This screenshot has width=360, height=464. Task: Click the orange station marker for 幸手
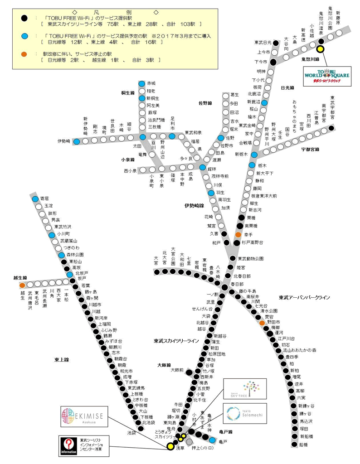(x=238, y=235)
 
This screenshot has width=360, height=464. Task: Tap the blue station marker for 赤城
(x=142, y=83)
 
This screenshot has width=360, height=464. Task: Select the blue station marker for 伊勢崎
(x=77, y=141)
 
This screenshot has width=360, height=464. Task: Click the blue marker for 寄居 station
(x=35, y=198)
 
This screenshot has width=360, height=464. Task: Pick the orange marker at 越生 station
(x=22, y=285)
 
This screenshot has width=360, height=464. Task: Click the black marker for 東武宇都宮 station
(x=331, y=128)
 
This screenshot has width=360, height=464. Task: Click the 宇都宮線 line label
(x=311, y=149)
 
